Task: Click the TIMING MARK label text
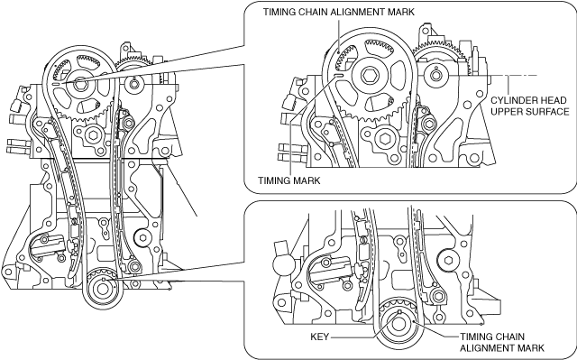(x=288, y=180)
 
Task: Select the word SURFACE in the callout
(x=548, y=112)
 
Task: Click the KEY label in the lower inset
(x=319, y=337)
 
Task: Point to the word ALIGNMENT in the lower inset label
(x=481, y=348)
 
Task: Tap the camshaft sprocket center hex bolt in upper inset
(x=369, y=77)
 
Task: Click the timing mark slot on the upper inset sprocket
(x=340, y=75)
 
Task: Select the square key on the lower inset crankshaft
(x=399, y=313)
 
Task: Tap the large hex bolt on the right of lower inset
(x=448, y=261)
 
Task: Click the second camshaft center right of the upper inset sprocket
(x=435, y=76)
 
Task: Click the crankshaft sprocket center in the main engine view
(x=103, y=288)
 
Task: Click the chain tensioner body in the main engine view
(x=47, y=245)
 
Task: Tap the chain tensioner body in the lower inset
(x=330, y=270)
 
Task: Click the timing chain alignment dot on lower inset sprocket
(x=415, y=321)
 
